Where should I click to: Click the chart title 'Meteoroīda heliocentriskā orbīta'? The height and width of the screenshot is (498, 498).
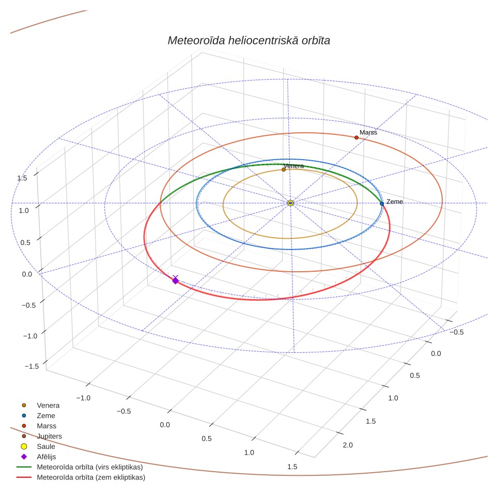point(248,40)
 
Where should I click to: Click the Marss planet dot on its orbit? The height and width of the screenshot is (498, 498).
point(356,137)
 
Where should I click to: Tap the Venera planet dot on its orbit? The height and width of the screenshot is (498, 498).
point(284,169)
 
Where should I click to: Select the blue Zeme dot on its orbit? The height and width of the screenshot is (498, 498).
point(382,204)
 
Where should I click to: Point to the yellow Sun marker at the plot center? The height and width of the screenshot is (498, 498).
point(290,203)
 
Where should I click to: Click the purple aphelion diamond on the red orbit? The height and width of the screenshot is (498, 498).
point(175,281)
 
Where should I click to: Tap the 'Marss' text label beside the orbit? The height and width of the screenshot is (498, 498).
point(368,132)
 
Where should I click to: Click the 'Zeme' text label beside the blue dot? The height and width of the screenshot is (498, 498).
point(395,201)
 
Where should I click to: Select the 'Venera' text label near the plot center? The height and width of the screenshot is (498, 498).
point(294,166)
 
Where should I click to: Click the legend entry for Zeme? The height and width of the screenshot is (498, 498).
point(38,415)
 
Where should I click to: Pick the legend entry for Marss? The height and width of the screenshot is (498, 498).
point(39,426)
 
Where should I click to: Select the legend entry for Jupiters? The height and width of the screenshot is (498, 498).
point(42,436)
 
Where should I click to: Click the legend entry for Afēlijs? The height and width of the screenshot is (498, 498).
point(38,457)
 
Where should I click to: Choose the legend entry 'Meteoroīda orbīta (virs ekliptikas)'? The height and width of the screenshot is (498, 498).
point(80,467)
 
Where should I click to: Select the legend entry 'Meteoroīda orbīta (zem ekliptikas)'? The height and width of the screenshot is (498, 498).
point(81,477)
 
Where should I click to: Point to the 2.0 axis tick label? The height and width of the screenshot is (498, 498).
point(348,445)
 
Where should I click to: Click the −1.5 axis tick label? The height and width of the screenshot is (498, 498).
point(32,366)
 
